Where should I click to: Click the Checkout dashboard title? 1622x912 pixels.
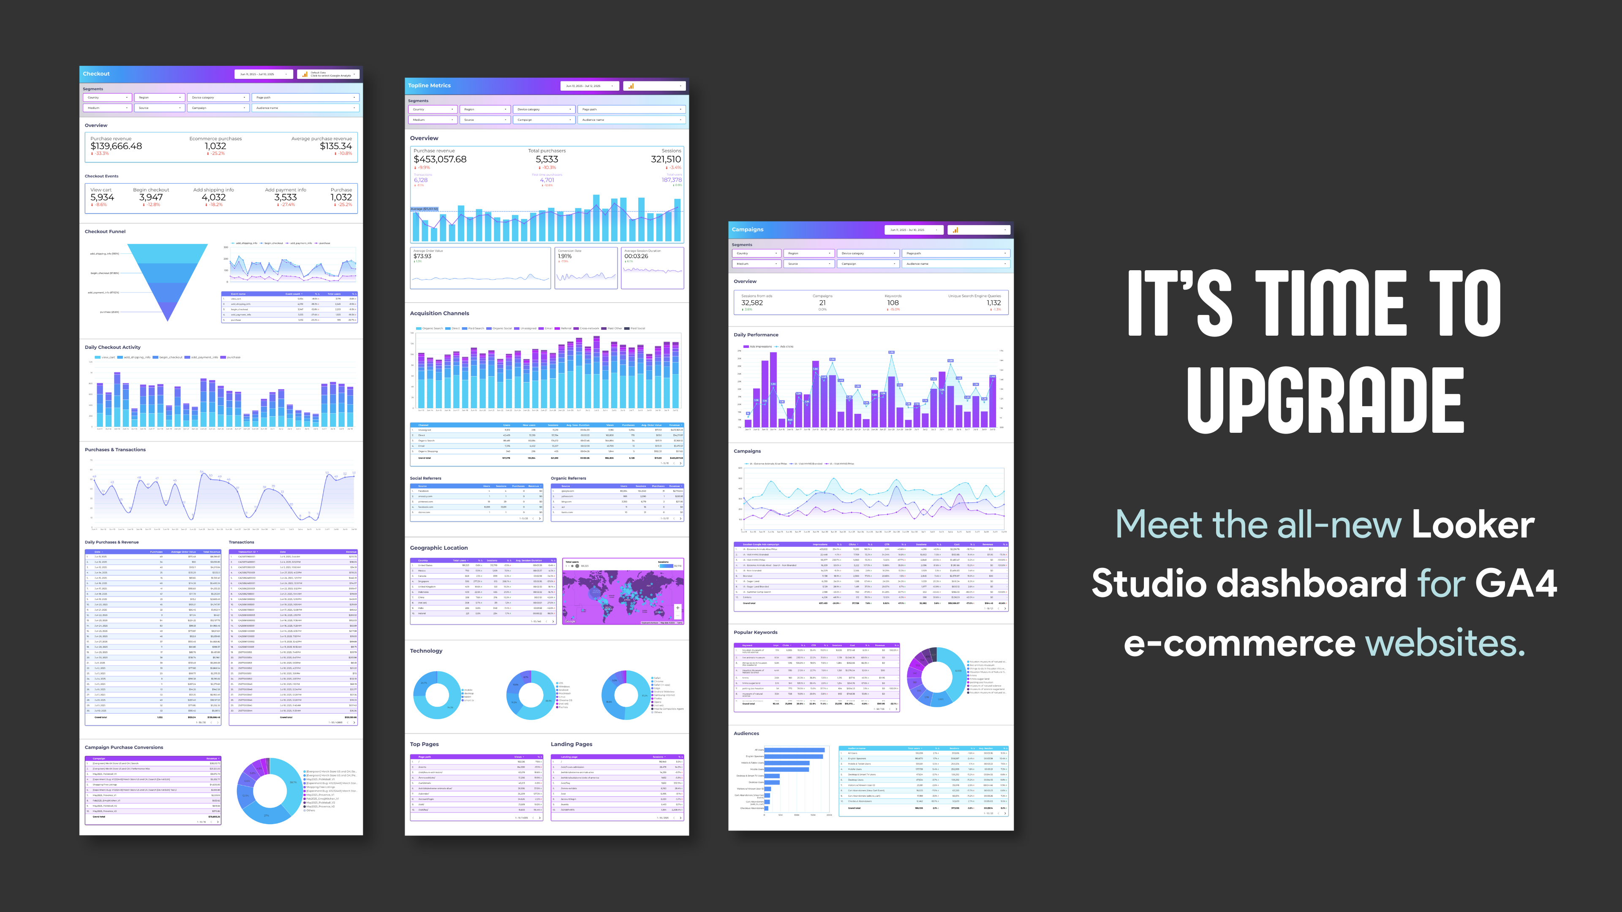tap(96, 73)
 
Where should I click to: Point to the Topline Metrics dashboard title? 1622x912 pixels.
tap(430, 86)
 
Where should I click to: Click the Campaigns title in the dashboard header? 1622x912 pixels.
tap(747, 230)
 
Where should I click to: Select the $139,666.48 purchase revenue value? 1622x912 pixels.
tap(117, 146)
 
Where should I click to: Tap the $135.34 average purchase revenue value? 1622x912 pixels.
tap(336, 146)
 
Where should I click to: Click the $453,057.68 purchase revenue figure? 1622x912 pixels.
tap(440, 159)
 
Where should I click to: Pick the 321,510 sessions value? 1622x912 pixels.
tap(666, 159)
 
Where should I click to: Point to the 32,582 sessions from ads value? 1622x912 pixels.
tap(752, 303)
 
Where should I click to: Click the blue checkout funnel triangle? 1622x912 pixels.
tap(168, 277)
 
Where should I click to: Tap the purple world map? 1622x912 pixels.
tap(622, 592)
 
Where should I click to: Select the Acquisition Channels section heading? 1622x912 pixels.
tap(439, 313)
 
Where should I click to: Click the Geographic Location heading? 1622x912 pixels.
tap(439, 548)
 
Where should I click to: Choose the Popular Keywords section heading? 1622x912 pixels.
tap(756, 632)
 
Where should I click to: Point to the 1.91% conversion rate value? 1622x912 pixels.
tap(565, 256)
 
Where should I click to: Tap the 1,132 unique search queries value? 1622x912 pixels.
tap(993, 303)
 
